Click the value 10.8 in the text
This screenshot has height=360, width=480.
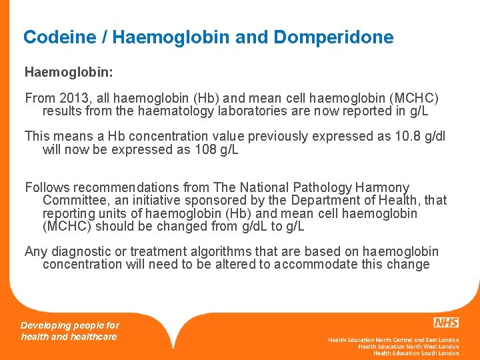pos(407,136)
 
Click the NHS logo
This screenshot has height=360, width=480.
pos(445,323)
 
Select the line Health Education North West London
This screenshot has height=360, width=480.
pos(408,347)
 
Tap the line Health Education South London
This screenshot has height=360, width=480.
pos(415,353)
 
